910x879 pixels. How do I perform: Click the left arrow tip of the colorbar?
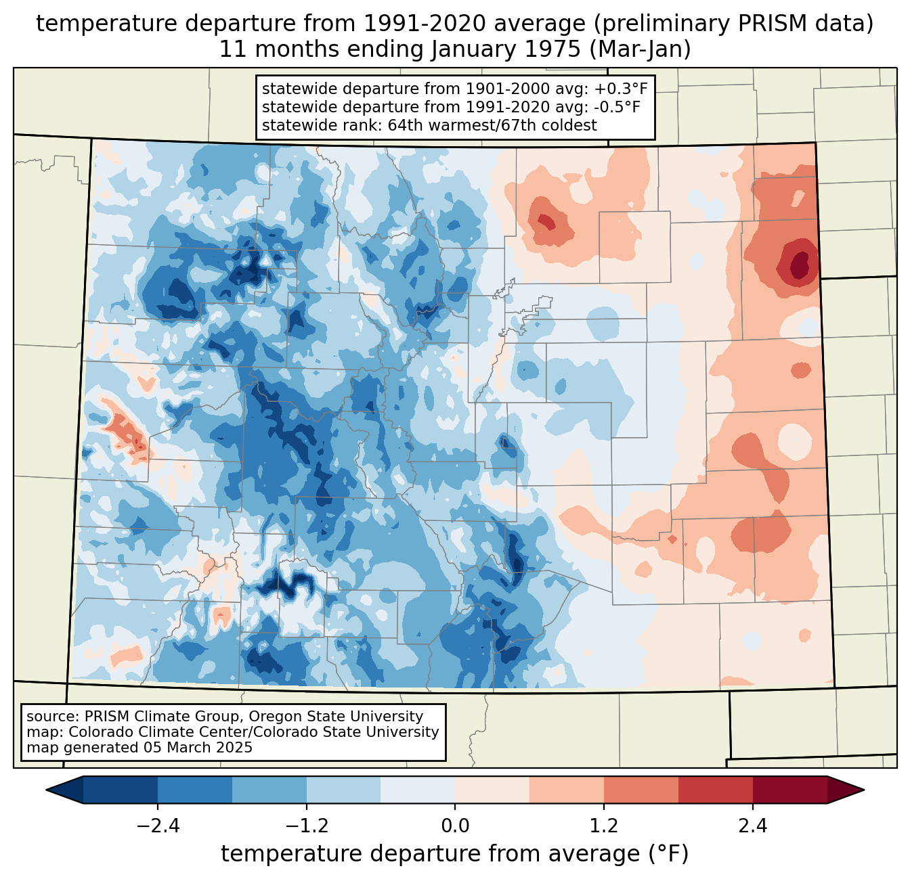pos(46,790)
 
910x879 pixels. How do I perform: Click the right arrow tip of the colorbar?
pos(864,790)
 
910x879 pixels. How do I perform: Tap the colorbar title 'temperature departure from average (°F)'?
pos(454,854)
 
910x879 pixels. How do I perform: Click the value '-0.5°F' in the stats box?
pos(617,107)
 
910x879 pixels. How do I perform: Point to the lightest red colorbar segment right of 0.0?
pos(492,790)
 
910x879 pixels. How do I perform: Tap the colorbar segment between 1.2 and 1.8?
pos(641,790)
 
